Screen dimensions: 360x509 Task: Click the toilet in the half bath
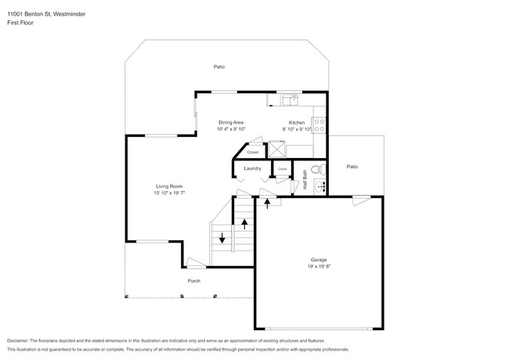point(317,169)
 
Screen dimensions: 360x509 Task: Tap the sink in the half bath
point(319,185)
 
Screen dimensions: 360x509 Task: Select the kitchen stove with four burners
point(319,126)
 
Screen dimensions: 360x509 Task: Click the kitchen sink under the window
point(291,99)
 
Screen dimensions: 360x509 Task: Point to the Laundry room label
point(252,168)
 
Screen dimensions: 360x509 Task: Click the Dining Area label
point(231,123)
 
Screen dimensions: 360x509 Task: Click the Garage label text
point(318,259)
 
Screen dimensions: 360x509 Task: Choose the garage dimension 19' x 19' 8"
point(318,266)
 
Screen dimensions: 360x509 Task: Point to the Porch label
point(193,281)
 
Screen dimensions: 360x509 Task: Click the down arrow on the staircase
point(222,238)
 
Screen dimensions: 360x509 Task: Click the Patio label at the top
point(219,67)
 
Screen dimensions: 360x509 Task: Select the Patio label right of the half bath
point(352,167)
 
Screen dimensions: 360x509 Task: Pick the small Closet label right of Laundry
point(282,168)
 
